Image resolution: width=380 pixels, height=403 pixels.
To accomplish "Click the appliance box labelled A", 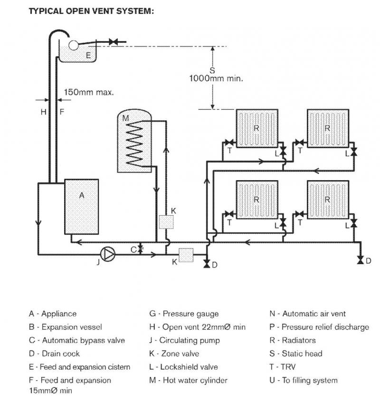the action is [x=81, y=207].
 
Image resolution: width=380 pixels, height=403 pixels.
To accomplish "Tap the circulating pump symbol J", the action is [x=108, y=254].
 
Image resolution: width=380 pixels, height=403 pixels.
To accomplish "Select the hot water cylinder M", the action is [x=134, y=141].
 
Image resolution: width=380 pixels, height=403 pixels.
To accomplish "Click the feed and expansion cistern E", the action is [x=77, y=51].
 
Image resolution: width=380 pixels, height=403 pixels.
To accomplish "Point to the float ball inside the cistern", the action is [x=74, y=46].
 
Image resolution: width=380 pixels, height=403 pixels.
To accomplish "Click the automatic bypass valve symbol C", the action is [x=140, y=249].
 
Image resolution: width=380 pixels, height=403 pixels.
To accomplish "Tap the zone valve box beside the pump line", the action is [x=186, y=255].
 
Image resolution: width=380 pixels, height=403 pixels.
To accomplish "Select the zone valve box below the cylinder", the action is [x=166, y=222].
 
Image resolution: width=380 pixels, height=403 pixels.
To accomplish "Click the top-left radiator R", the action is [x=257, y=128].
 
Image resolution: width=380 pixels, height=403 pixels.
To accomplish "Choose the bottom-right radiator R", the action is [x=328, y=200].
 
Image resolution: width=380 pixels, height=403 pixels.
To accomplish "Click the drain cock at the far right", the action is [x=361, y=260].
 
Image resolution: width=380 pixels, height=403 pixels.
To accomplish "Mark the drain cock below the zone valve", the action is [x=207, y=264].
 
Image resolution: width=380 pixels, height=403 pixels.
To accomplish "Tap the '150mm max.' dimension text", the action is [x=89, y=92].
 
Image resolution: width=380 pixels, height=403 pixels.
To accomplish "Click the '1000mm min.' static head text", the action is [x=216, y=78].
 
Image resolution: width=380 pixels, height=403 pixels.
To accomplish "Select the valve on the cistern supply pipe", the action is [x=113, y=42].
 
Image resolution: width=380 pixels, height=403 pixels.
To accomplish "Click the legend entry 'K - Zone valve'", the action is [x=174, y=354].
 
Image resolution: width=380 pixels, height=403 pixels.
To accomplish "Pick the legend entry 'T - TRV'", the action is [x=282, y=367].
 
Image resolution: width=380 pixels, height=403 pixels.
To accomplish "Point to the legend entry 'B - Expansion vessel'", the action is [x=65, y=327].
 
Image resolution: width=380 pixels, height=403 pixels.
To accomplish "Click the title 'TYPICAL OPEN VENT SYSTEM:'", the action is [x=91, y=11].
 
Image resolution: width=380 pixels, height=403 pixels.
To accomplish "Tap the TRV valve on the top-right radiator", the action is [x=299, y=142].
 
